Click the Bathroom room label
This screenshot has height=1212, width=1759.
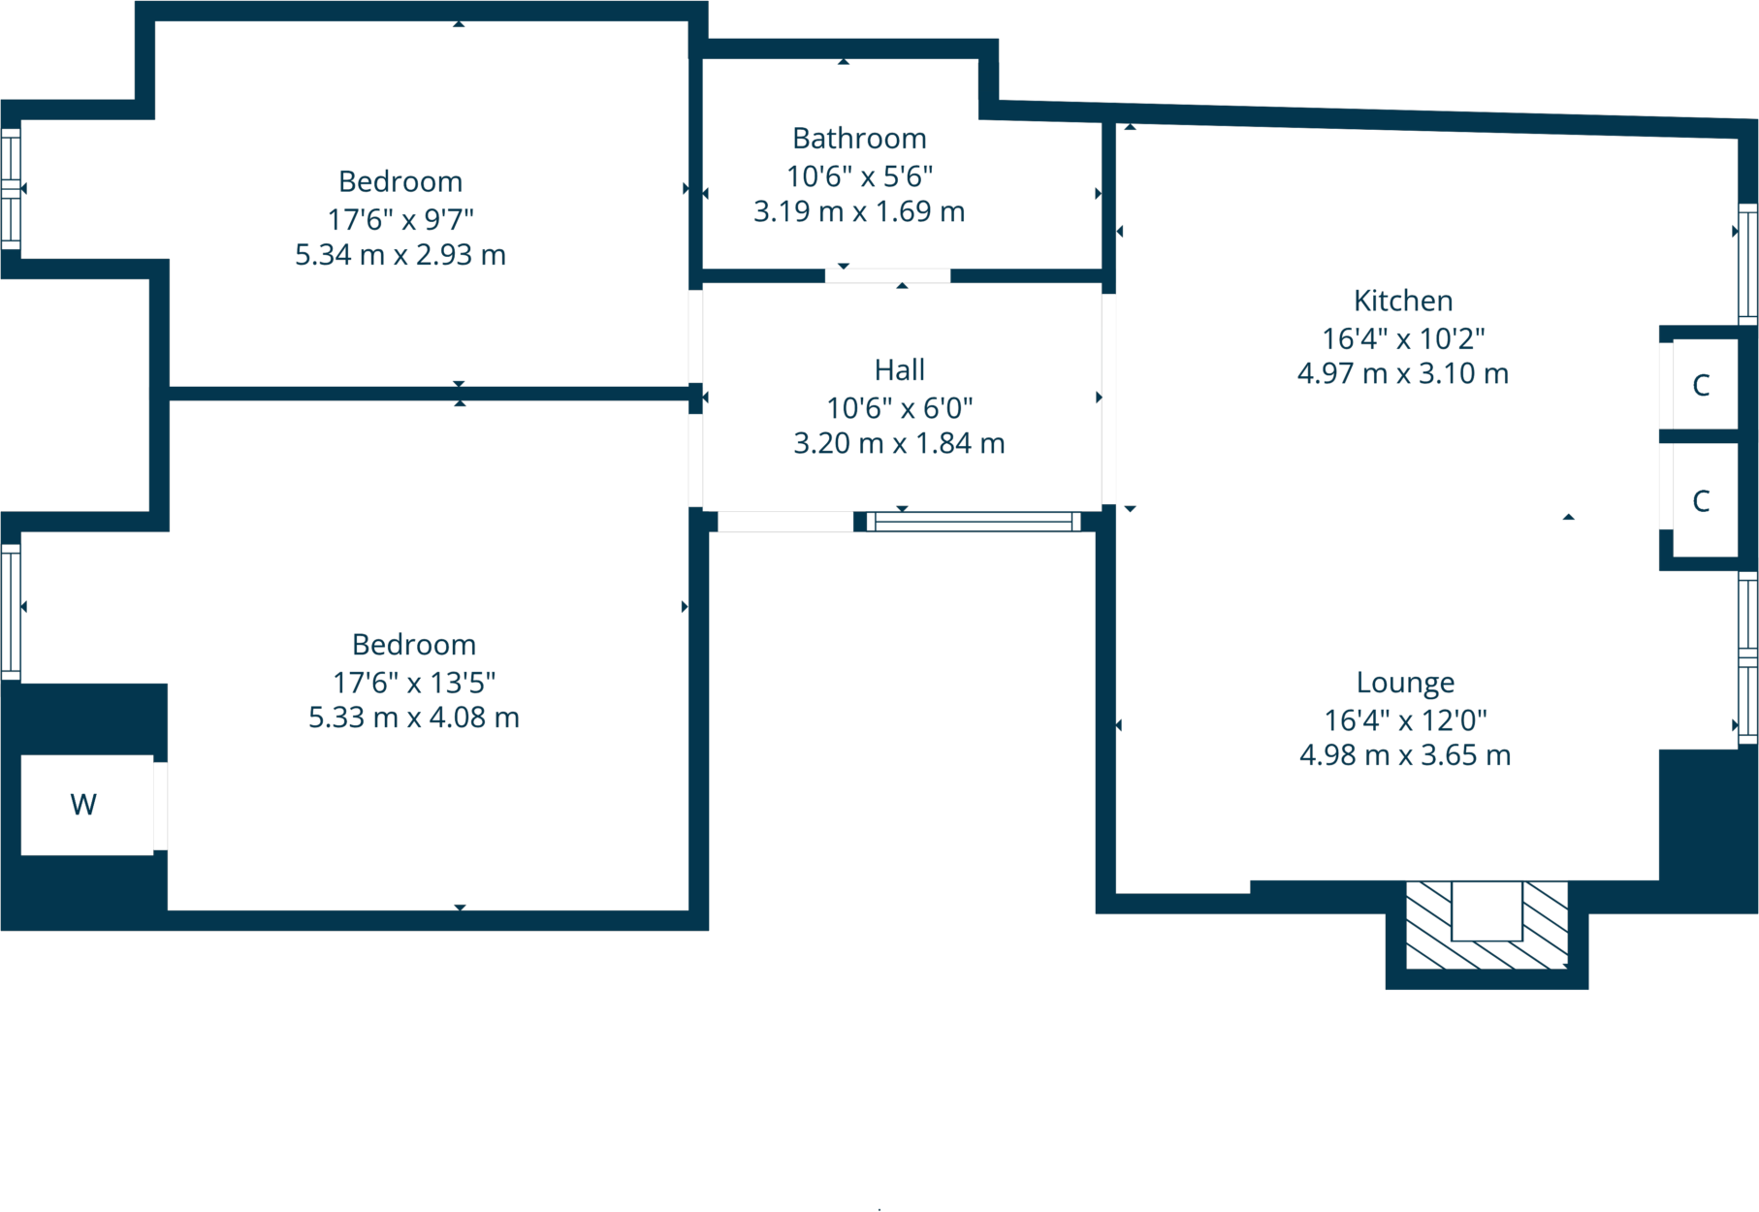click(x=859, y=139)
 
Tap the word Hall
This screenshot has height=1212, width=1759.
click(x=899, y=369)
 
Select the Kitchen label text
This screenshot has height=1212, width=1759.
click(x=1402, y=301)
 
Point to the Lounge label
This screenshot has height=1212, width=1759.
click(x=1404, y=683)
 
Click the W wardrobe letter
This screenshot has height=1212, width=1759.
click(x=83, y=804)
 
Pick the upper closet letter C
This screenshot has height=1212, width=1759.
click(x=1700, y=385)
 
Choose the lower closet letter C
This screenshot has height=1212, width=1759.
click(x=1700, y=500)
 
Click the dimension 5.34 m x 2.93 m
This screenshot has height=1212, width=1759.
click(x=400, y=254)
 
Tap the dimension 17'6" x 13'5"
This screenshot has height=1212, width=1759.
click(x=414, y=683)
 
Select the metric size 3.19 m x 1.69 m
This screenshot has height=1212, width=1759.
click(x=859, y=211)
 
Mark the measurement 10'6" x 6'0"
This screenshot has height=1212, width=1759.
click(x=899, y=408)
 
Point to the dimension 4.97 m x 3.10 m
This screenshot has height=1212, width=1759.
click(x=1402, y=373)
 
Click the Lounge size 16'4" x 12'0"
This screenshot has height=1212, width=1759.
click(x=1404, y=720)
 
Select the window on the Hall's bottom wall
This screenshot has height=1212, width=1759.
click(x=974, y=522)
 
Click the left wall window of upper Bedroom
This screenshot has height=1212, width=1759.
click(x=11, y=188)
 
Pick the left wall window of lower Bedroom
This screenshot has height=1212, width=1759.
click(x=11, y=611)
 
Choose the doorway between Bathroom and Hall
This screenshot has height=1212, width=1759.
click(x=887, y=276)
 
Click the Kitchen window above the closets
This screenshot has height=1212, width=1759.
click(x=1747, y=263)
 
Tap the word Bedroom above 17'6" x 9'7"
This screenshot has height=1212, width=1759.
click(x=400, y=181)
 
